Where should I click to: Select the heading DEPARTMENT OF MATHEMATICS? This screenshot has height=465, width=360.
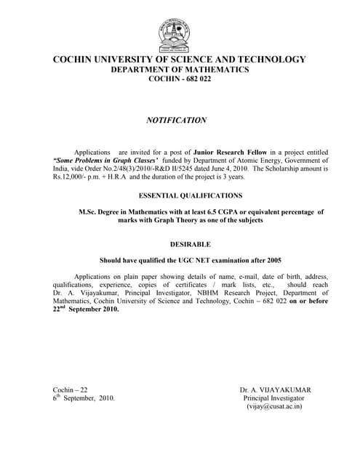click(180, 70)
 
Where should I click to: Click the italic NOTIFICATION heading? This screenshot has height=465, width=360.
click(177, 121)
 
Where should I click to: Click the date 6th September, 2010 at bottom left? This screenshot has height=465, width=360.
click(83, 398)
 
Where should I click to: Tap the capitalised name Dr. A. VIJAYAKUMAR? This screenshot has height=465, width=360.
click(273, 390)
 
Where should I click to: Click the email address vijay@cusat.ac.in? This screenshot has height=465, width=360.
click(274, 407)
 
